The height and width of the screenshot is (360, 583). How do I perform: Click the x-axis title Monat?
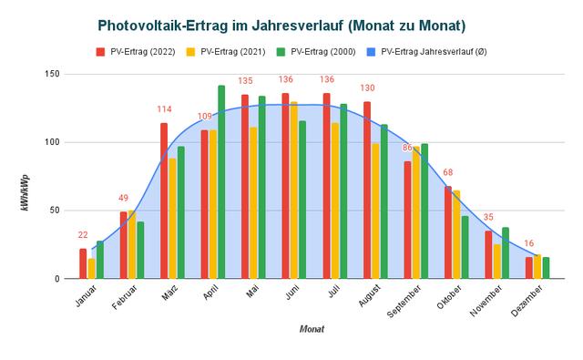[x=312, y=329]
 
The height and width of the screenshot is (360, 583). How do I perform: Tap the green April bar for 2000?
[x=221, y=182]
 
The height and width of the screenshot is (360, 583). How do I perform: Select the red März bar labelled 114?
[x=164, y=201]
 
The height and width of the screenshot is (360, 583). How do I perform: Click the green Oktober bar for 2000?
[x=465, y=247]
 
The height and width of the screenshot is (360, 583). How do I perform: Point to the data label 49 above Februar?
[x=124, y=199]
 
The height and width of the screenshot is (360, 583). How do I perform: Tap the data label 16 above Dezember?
[x=528, y=244]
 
